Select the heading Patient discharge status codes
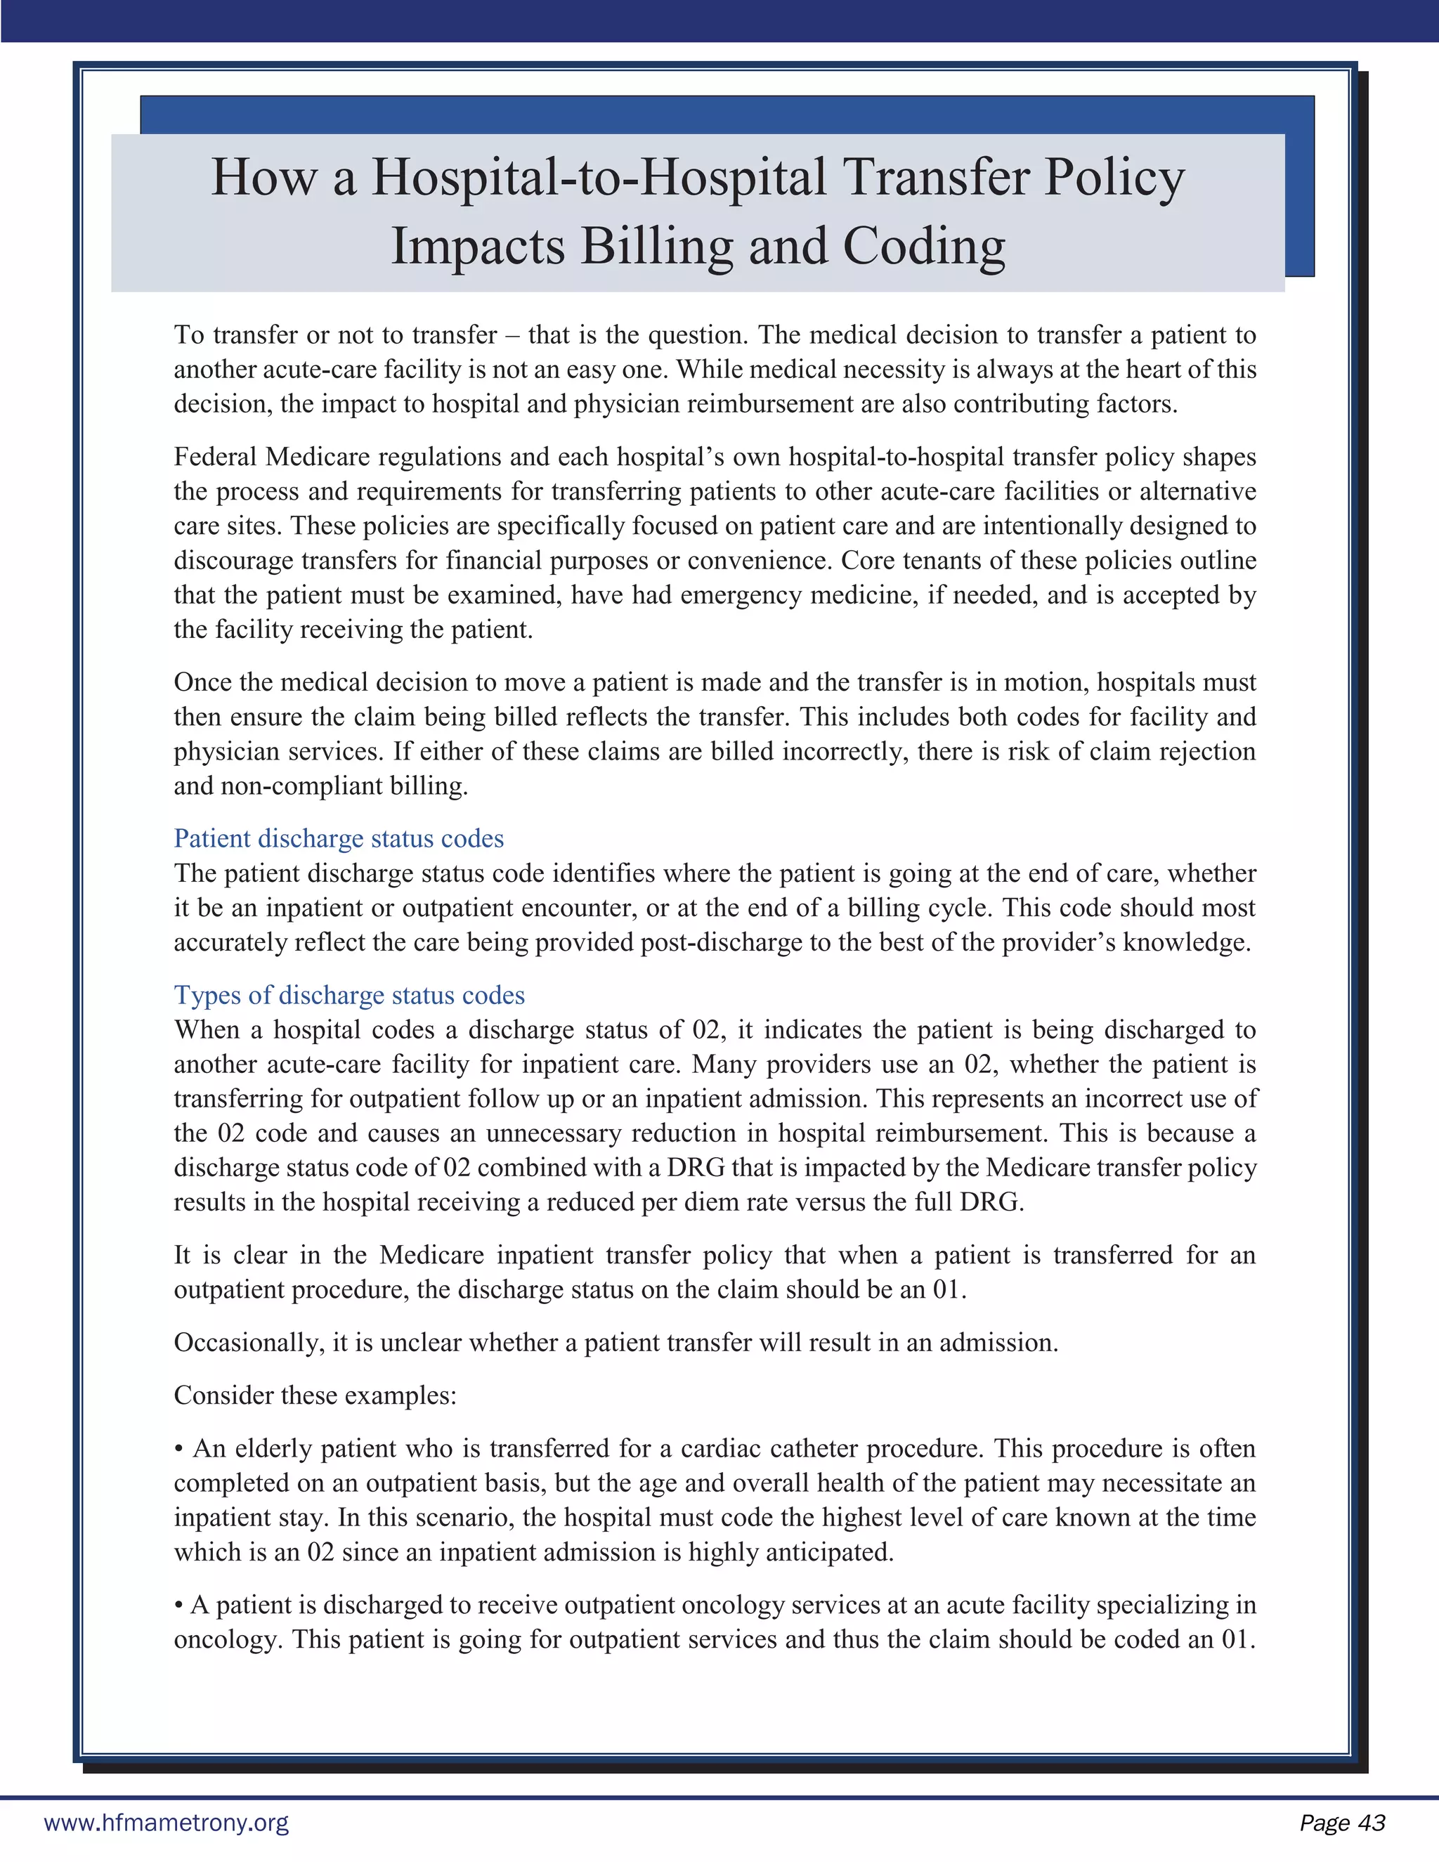[339, 839]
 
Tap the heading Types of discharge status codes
[349, 996]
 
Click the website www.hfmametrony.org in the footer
[167, 1823]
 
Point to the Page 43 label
[1342, 1823]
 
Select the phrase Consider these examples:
[315, 1395]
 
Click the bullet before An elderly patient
[179, 1450]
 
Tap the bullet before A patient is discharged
[179, 1606]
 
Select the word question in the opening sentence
[696, 335]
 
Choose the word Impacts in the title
[477, 247]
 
